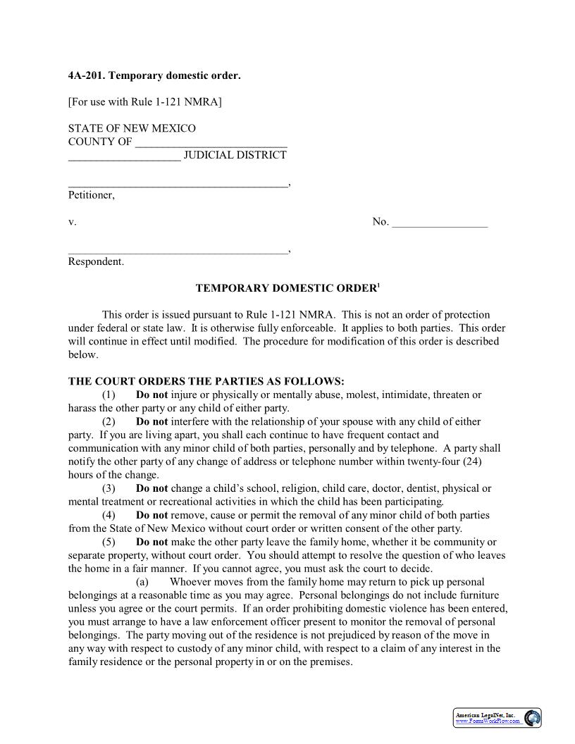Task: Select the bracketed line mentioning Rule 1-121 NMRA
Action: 144,102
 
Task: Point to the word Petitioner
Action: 91,195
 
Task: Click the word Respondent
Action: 95,262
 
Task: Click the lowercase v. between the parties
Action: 72,223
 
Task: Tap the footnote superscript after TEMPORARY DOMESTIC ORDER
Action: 378,285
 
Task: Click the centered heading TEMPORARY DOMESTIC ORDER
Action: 285,288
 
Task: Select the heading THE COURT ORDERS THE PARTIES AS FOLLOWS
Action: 206,381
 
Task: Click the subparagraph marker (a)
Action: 142,582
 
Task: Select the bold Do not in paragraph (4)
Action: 152,515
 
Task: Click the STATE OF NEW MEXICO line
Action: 132,129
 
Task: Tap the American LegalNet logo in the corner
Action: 497,718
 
